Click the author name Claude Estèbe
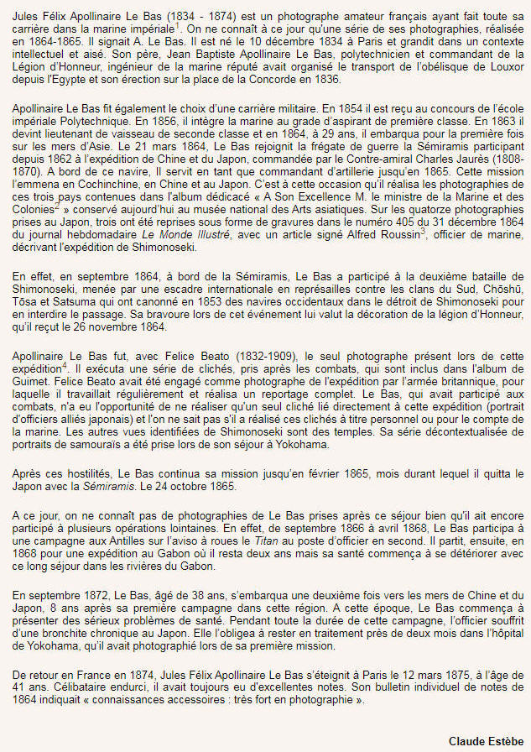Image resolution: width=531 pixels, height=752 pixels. (486, 741)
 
